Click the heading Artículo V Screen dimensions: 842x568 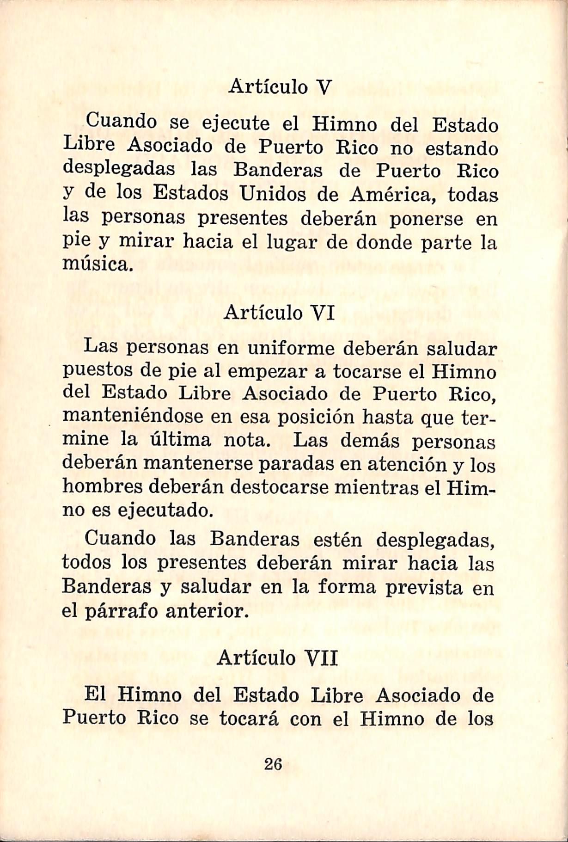(x=280, y=87)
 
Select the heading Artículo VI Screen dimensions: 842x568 (x=279, y=313)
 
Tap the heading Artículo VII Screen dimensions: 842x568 (x=277, y=658)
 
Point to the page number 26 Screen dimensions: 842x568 (x=273, y=764)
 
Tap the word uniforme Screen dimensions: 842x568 (x=291, y=348)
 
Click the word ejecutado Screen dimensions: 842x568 (x=165, y=510)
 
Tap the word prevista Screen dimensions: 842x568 (x=424, y=587)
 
